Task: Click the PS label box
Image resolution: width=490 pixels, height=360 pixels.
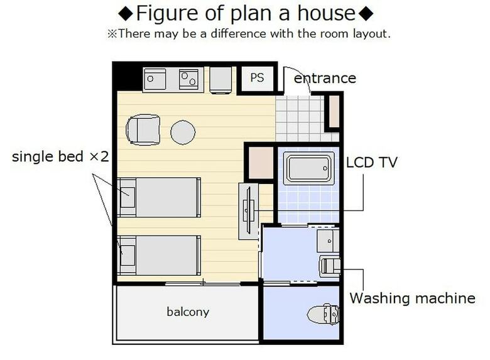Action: pyautogui.click(x=257, y=78)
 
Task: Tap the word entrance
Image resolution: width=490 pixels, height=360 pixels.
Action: pyautogui.click(x=325, y=78)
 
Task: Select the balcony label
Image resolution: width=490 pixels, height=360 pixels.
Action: pyautogui.click(x=188, y=312)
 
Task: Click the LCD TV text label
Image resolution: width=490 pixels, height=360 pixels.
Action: pyautogui.click(x=371, y=162)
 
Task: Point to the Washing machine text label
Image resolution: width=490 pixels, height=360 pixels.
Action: pyautogui.click(x=412, y=298)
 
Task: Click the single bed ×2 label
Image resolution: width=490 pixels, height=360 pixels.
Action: pyautogui.click(x=60, y=156)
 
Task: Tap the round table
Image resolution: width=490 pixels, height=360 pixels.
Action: pyautogui.click(x=183, y=132)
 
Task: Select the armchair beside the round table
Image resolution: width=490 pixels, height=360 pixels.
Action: pyautogui.click(x=143, y=130)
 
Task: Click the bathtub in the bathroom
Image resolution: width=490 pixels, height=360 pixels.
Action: pyautogui.click(x=308, y=168)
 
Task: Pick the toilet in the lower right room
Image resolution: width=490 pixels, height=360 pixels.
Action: pyautogui.click(x=323, y=314)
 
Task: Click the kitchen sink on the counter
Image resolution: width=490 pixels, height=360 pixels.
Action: pyautogui.click(x=155, y=79)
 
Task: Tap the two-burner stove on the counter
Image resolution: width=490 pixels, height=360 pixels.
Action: pyautogui.click(x=188, y=79)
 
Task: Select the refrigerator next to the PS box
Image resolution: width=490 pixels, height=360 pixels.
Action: pyautogui.click(x=220, y=80)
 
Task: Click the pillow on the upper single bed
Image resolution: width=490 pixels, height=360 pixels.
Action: pyautogui.click(x=128, y=197)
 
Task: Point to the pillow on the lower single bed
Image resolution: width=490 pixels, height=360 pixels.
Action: pyautogui.click(x=128, y=255)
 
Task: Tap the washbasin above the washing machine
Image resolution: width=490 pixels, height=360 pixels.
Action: pyautogui.click(x=328, y=241)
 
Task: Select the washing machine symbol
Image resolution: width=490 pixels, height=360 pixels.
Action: pyautogui.click(x=330, y=266)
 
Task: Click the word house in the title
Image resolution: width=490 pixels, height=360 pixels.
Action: pyautogui.click(x=326, y=13)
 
